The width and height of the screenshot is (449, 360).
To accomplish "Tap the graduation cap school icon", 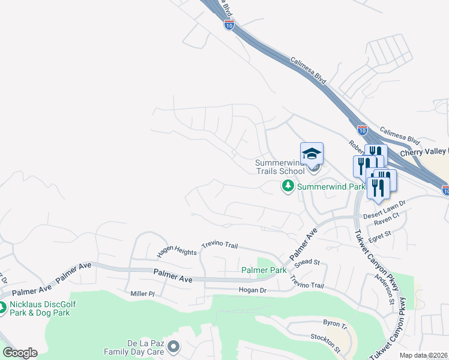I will pyautogui.click(x=312, y=155).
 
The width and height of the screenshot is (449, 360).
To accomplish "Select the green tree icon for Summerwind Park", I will pyautogui.click(x=288, y=187).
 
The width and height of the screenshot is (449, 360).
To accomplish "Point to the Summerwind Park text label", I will pyautogui.click(x=331, y=187).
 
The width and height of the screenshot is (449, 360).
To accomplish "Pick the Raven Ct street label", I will pyautogui.click(x=387, y=223).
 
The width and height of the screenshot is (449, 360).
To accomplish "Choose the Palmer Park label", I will pyautogui.click(x=264, y=271).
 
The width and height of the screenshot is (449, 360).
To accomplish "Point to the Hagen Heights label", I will pyautogui.click(x=177, y=253).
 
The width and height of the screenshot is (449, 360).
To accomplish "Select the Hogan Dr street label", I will pyautogui.click(x=252, y=290).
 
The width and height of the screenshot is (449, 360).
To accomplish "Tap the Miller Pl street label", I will pyautogui.click(x=143, y=294).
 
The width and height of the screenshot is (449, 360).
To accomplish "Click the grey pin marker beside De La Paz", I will pyautogui.click(x=173, y=346).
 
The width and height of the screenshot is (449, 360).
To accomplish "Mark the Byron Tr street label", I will pyautogui.click(x=336, y=325).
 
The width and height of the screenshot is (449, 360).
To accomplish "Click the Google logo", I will pyautogui.click(x=20, y=353).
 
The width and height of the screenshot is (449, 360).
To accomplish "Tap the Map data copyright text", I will pyautogui.click(x=423, y=356).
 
